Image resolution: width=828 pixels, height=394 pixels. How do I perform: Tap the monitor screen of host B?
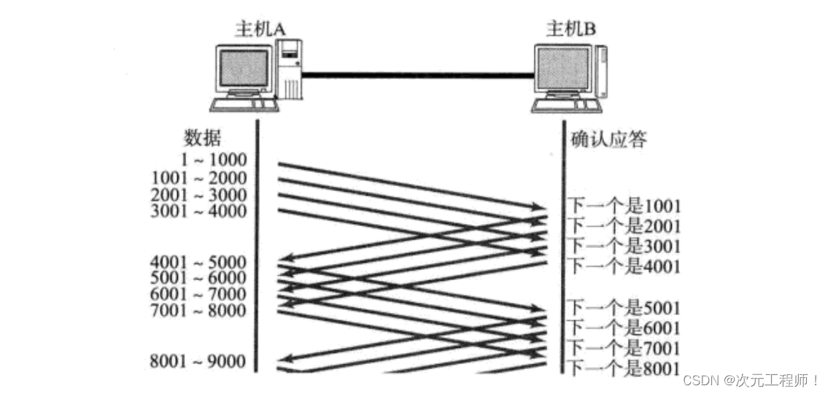coord(562,71)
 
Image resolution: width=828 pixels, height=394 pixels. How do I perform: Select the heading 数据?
coord(202,139)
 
